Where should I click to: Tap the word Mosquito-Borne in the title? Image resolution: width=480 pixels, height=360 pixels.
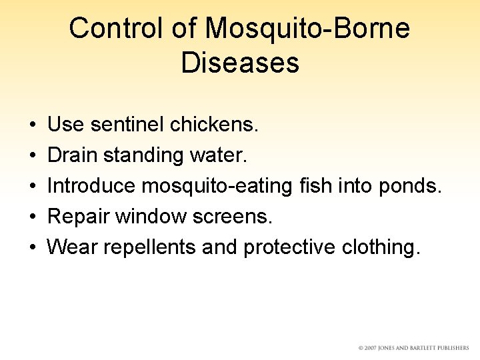(307, 29)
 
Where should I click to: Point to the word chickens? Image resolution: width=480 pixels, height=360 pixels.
(215, 124)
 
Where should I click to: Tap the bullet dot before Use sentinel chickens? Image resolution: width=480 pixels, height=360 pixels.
(33, 125)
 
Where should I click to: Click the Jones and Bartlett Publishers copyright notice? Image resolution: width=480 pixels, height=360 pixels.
(413, 348)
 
